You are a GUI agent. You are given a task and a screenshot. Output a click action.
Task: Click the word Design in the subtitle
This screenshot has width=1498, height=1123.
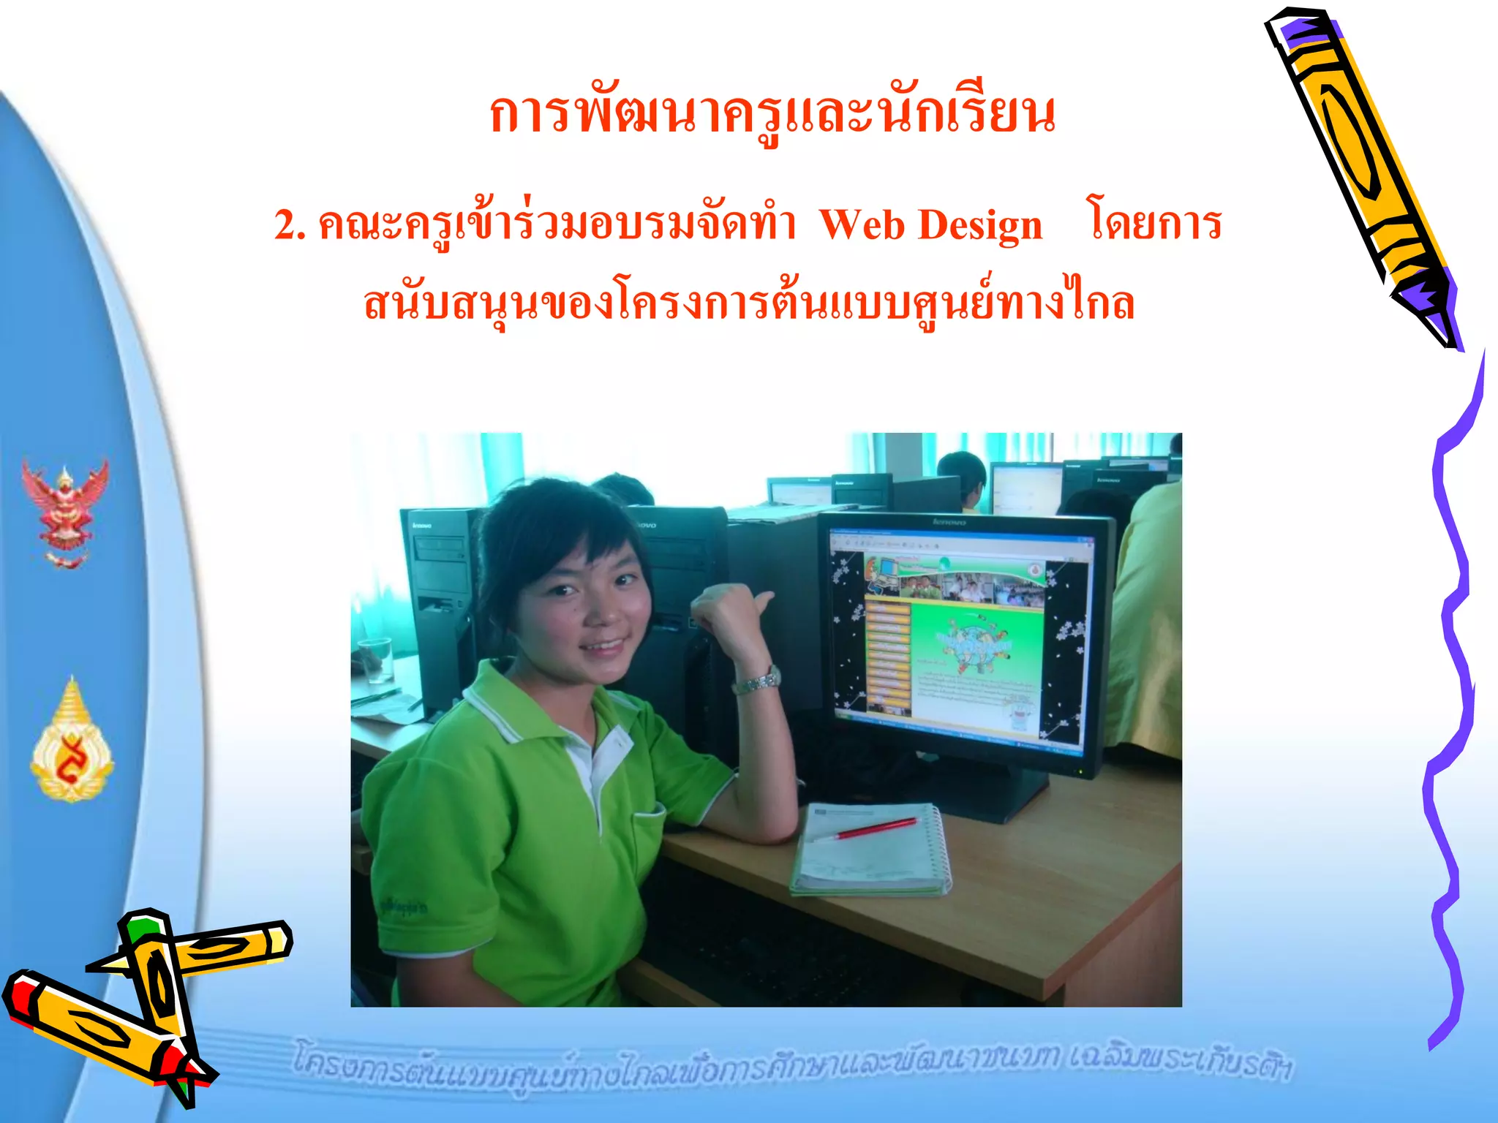[x=979, y=225]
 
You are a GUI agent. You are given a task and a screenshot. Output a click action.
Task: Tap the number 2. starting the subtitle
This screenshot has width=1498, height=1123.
[x=290, y=225]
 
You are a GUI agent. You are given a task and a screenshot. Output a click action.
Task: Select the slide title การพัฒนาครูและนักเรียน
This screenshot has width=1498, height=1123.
[x=772, y=115]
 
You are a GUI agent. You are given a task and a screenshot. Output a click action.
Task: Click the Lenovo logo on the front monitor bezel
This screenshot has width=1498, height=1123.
[x=949, y=522]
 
